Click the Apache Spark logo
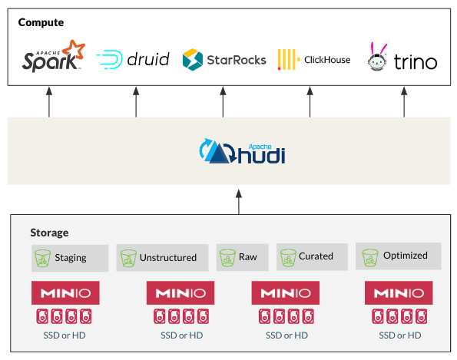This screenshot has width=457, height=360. [x=54, y=56]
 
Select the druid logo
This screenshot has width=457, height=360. [x=133, y=59]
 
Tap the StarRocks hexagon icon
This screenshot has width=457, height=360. [x=192, y=60]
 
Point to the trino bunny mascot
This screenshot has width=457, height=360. [x=378, y=56]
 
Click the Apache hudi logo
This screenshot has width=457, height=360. [x=242, y=151]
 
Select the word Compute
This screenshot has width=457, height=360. [x=41, y=22]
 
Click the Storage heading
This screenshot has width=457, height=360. [x=49, y=233]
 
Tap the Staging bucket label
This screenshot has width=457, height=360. [x=71, y=258]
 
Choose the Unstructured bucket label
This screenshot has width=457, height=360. [x=168, y=257]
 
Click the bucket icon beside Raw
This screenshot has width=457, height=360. [x=227, y=257]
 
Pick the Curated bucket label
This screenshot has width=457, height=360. [x=316, y=256]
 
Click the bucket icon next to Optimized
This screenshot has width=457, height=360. [x=370, y=257]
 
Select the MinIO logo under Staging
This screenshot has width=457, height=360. [x=65, y=292]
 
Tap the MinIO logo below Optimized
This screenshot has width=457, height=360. [x=399, y=292]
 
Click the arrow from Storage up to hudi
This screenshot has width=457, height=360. [x=239, y=202]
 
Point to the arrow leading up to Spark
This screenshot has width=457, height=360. [x=49, y=102]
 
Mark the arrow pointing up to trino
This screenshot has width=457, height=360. [x=404, y=102]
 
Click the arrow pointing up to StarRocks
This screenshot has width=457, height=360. [x=223, y=102]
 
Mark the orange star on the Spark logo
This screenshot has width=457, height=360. [x=74, y=50]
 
